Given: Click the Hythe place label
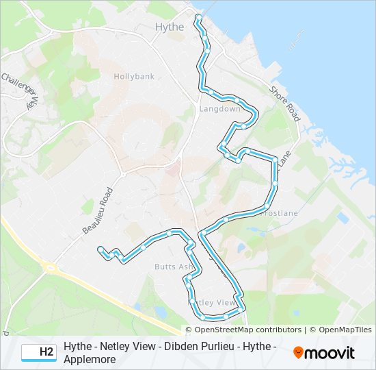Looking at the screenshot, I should [170, 27].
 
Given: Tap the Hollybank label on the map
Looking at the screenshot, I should [134, 77].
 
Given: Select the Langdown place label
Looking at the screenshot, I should [219, 109].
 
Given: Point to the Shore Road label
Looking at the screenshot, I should [284, 103].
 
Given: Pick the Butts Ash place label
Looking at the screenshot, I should [174, 267].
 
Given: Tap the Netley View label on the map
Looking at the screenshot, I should [215, 302].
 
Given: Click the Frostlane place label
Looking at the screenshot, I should [279, 214].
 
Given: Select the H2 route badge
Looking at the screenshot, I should [38, 352].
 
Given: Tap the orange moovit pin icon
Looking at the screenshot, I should [298, 353].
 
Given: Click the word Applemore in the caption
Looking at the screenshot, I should [88, 359].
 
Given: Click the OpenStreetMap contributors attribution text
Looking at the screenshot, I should [248, 330].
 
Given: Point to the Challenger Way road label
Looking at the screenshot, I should [20, 89].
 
